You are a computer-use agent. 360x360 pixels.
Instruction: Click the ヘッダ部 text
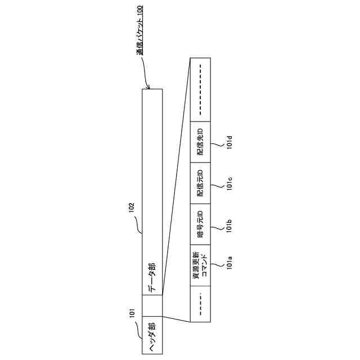pyautogui.click(x=152, y=336)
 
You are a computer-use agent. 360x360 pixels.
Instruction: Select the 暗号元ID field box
pyautogui.click(x=200, y=223)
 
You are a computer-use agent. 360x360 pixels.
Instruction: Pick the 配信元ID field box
pyautogui.click(x=200, y=183)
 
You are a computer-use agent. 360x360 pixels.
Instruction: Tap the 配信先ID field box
pyautogui.click(x=200, y=141)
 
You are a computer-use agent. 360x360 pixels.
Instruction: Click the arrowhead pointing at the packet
pyautogui.click(x=148, y=87)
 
